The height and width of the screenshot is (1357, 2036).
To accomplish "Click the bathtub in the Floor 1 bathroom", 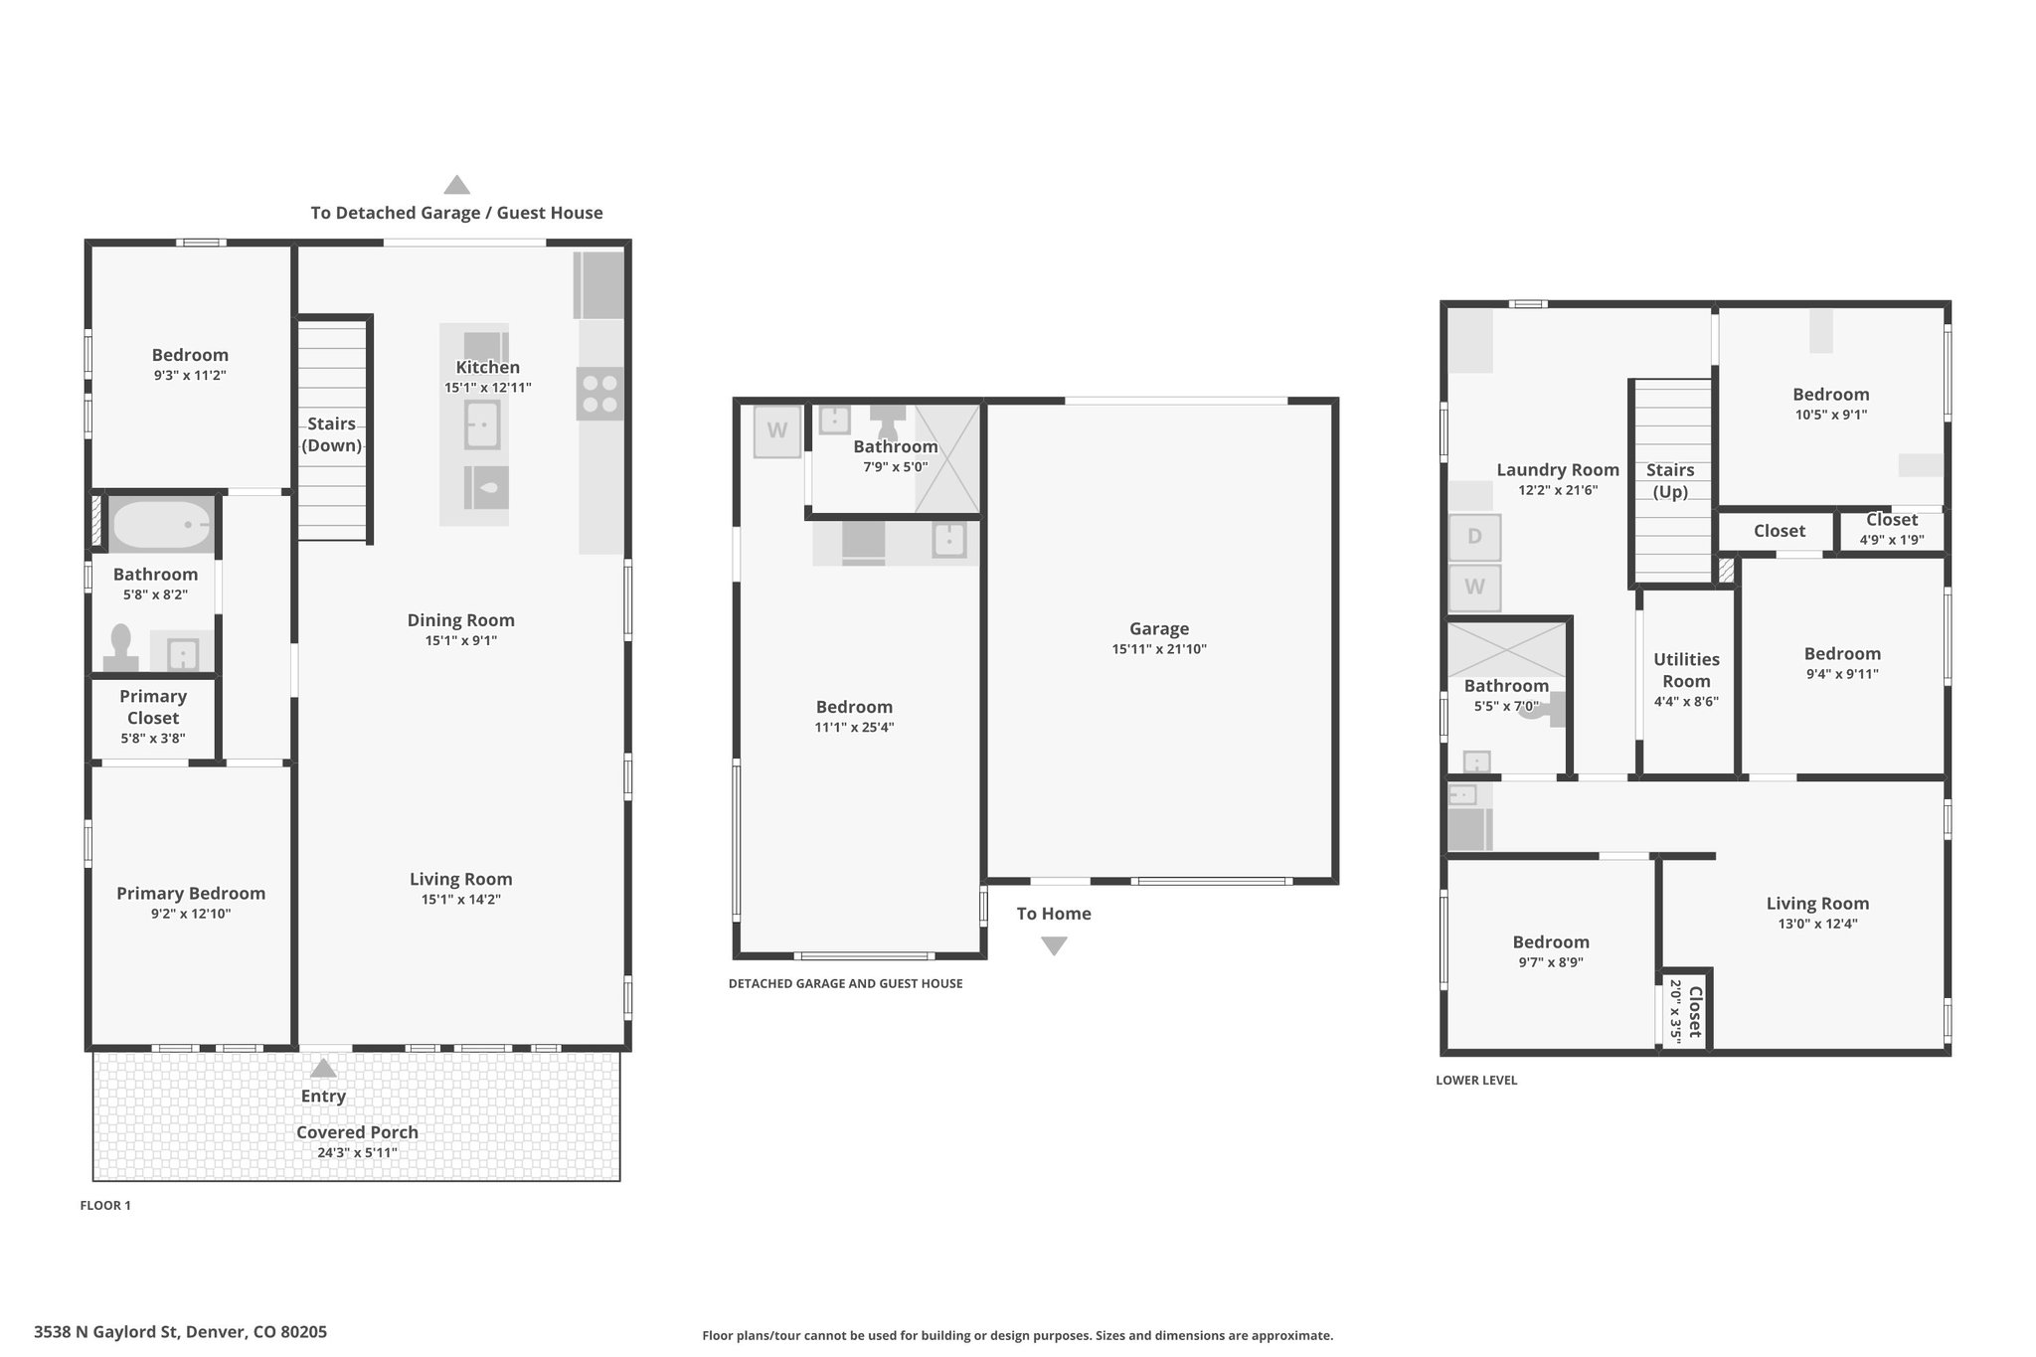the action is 161,524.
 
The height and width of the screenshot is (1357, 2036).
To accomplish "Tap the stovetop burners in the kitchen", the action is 599,394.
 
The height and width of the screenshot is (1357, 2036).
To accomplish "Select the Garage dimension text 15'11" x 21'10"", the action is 1159,649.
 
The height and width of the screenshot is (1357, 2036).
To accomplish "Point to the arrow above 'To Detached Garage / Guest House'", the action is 456,185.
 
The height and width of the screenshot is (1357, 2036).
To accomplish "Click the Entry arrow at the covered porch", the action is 323,1068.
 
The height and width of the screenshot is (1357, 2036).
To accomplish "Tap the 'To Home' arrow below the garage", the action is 1054,946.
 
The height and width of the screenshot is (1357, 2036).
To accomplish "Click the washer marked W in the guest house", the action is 777,431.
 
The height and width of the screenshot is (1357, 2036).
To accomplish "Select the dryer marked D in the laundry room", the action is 1474,537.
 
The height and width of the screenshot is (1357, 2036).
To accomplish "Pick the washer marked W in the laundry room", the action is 1474,588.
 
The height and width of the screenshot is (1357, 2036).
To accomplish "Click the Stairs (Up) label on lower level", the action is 1670,481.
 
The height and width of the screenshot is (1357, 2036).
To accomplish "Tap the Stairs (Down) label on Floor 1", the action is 331,434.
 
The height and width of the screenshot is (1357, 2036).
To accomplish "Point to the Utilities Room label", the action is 1686,670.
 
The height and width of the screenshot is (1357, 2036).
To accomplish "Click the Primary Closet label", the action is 153,707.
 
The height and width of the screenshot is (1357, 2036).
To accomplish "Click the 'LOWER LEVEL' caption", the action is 1476,1081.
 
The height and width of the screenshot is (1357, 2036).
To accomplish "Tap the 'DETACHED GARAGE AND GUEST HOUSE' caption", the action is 845,984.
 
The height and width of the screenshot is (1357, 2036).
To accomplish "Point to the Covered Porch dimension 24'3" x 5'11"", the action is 357,1153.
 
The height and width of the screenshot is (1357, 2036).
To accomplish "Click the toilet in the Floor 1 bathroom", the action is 121,648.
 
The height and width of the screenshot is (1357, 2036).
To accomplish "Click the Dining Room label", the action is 461,620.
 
